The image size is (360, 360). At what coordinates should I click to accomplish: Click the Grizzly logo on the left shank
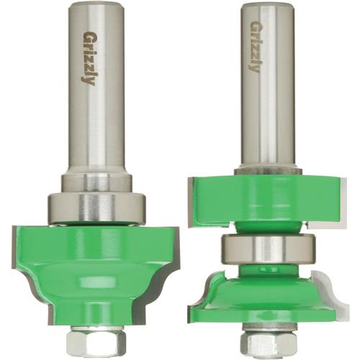pyautogui.click(x=89, y=58)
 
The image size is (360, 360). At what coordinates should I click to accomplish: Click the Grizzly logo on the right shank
pyautogui.click(x=254, y=46)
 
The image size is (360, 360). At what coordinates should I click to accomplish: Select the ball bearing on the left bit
pyautogui.click(x=97, y=207)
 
